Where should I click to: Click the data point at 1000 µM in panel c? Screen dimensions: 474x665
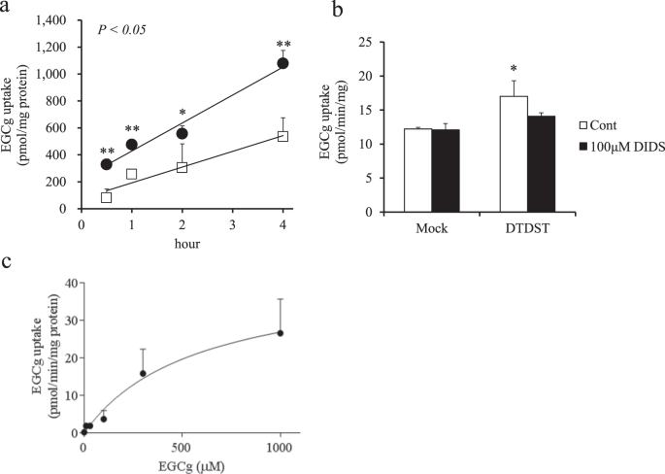(x=281, y=333)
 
